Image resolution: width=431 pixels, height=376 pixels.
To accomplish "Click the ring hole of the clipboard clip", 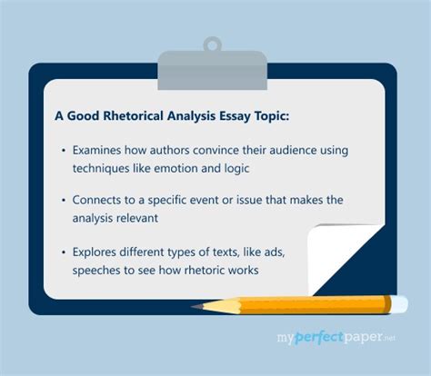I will pos(211,44).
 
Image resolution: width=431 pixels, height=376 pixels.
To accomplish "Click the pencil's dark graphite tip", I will pos(195,307).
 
